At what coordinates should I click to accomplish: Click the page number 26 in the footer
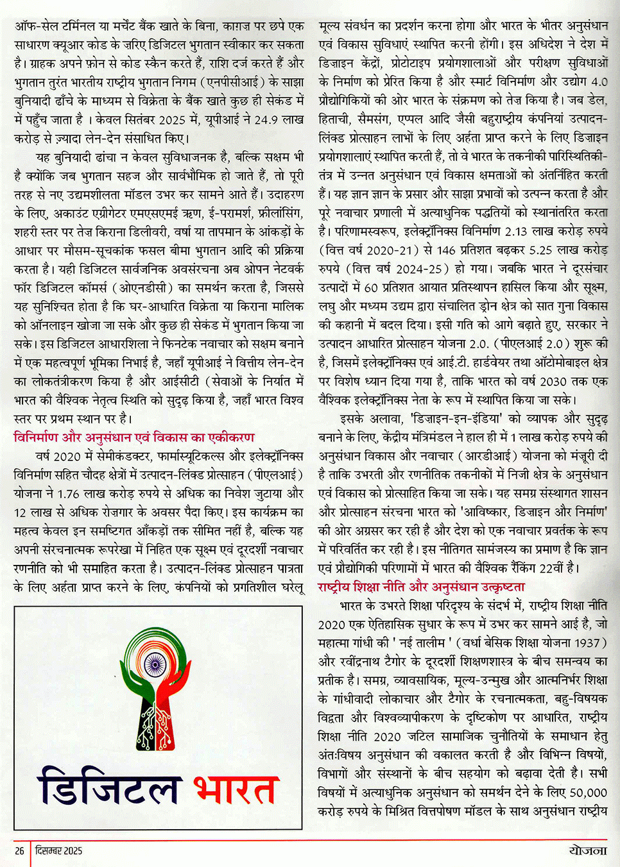point(20,850)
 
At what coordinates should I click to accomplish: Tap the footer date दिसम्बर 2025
point(59,850)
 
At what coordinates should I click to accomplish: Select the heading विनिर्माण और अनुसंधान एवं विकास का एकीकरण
point(134,437)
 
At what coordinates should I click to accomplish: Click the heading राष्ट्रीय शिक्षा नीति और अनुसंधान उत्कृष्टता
point(421,587)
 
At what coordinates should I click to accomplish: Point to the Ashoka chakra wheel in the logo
point(153,663)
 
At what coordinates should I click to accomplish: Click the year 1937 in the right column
point(581,643)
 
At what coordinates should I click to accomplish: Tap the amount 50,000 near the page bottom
point(588,793)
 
